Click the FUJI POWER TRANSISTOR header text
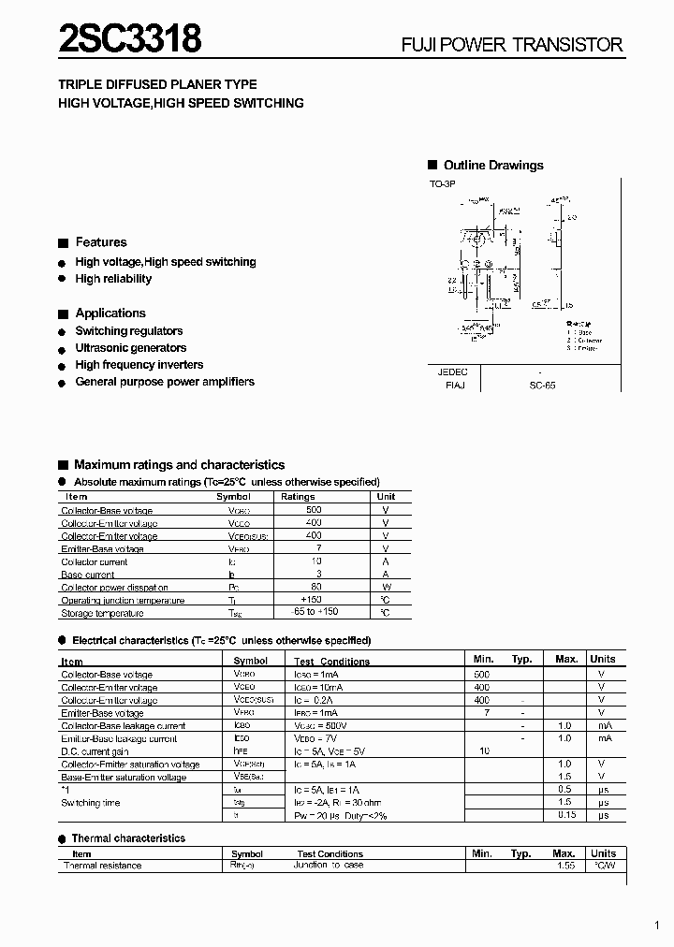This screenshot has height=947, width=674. [512, 45]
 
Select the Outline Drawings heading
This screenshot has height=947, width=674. [492, 166]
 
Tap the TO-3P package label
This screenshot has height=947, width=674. [442, 185]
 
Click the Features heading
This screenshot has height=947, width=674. [100, 242]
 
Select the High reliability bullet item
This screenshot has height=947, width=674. [112, 279]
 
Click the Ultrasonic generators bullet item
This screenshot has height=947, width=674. [130, 348]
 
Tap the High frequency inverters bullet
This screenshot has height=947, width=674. [139, 365]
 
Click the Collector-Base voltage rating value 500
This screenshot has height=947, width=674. [313, 510]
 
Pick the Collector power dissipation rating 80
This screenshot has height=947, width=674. [316, 587]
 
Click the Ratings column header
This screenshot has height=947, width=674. [298, 497]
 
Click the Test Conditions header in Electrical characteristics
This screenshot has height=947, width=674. [332, 662]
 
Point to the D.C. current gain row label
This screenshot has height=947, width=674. [95, 751]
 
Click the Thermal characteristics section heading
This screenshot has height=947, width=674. [128, 838]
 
